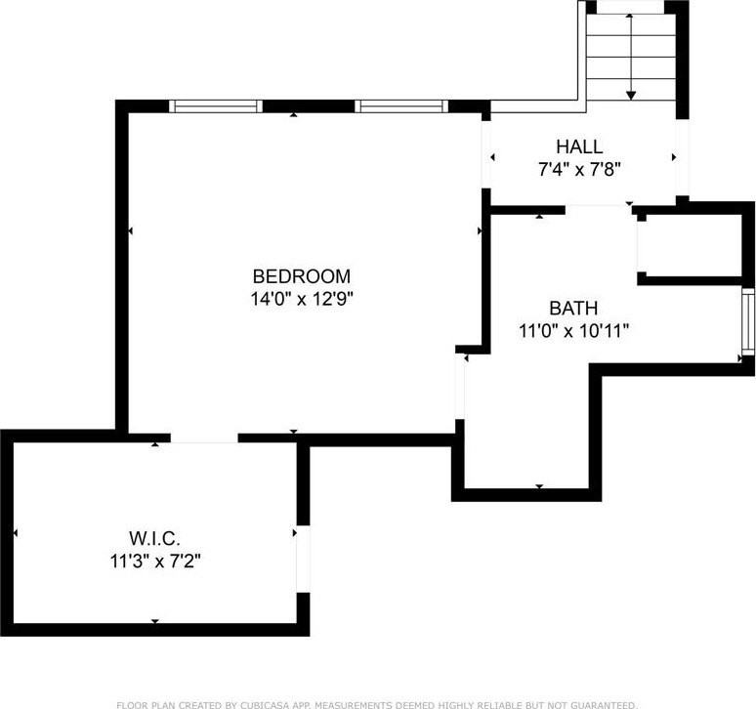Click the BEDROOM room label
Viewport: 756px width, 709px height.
(301, 276)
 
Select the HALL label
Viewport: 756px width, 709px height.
(579, 146)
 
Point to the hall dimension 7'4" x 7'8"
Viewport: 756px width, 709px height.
(579, 168)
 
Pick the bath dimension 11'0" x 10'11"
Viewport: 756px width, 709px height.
(572, 330)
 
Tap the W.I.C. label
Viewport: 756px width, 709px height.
(155, 538)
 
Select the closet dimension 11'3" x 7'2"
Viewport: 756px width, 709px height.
(155, 561)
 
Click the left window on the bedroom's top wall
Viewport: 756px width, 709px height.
(216, 105)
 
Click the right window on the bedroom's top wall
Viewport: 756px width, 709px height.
(400, 105)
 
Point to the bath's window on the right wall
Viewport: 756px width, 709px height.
(747, 322)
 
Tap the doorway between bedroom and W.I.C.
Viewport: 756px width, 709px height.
(204, 438)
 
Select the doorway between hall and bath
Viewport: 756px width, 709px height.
(596, 206)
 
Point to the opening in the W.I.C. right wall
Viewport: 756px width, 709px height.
(303, 559)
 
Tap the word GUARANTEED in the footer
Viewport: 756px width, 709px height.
(595, 703)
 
